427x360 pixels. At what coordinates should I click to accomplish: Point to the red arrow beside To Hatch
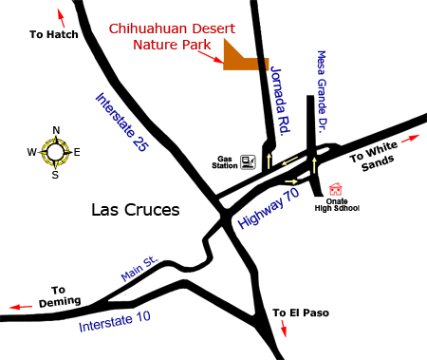pyautogui.click(x=64, y=16)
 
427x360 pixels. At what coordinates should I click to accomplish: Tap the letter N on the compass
pyautogui.click(x=56, y=131)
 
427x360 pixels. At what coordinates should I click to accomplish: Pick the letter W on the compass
pyautogui.click(x=31, y=152)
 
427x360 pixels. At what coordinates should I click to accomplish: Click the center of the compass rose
pyautogui.click(x=56, y=152)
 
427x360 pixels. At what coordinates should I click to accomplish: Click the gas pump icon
pyautogui.click(x=248, y=162)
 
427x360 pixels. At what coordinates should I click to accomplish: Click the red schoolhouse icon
pyautogui.click(x=335, y=189)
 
